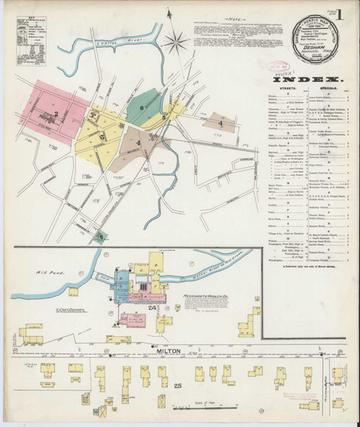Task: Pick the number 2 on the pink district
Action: point(55,114)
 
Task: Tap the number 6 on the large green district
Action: point(142,107)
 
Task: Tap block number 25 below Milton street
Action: point(178,386)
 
